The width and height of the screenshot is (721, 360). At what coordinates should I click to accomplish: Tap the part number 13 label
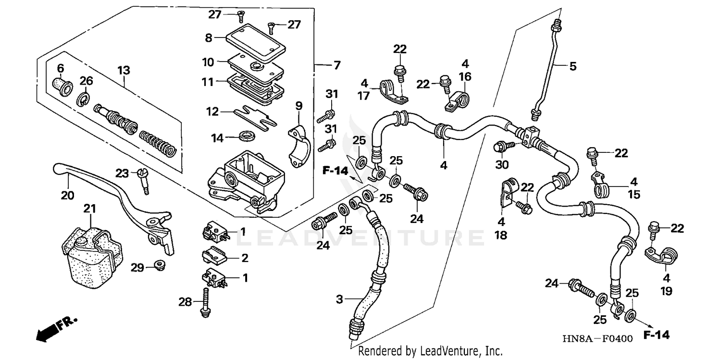pyautogui.click(x=124, y=71)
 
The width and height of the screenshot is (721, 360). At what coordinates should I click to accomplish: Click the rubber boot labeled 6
pyautogui.click(x=62, y=86)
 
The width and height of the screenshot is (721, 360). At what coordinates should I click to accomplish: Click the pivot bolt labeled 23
pyautogui.click(x=142, y=180)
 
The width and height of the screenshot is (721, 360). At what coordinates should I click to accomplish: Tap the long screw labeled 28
pyautogui.click(x=206, y=302)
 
